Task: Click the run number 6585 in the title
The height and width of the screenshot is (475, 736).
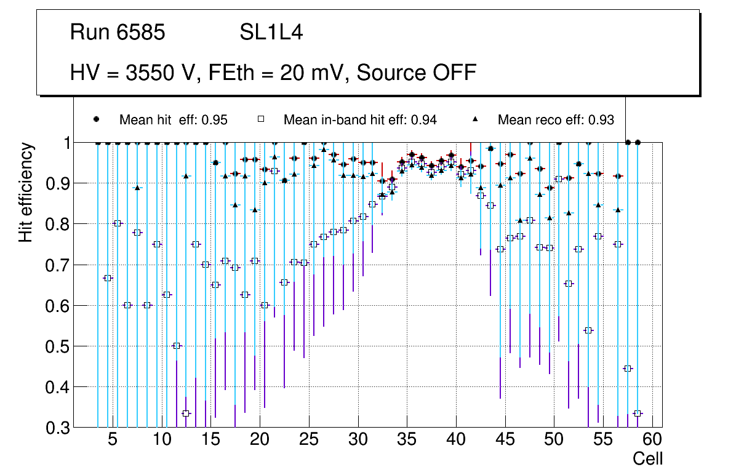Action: coord(142,33)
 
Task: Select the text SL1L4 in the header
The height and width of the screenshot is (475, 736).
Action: coord(271,33)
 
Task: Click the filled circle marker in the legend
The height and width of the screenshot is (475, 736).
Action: coord(96,119)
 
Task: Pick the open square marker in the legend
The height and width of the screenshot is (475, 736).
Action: coord(260,119)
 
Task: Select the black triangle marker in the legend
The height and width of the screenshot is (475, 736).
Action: coord(476,119)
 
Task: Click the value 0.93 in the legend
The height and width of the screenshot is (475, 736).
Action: coord(601,120)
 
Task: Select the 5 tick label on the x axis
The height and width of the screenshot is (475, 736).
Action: coord(112,441)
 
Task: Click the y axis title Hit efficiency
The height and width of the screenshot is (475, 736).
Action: coord(26,192)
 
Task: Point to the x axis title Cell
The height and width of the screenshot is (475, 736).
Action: coord(648,459)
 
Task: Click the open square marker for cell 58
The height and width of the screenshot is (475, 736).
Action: coord(638,413)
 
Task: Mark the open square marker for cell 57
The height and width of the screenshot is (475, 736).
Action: coord(628,369)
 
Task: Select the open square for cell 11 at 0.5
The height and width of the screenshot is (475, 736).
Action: coord(177,346)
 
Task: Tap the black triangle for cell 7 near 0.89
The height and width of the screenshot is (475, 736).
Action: coord(137,188)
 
